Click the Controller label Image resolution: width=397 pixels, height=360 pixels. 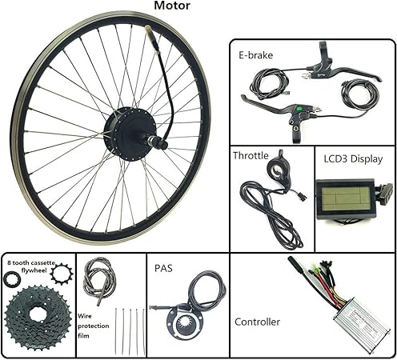coord(257,322)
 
